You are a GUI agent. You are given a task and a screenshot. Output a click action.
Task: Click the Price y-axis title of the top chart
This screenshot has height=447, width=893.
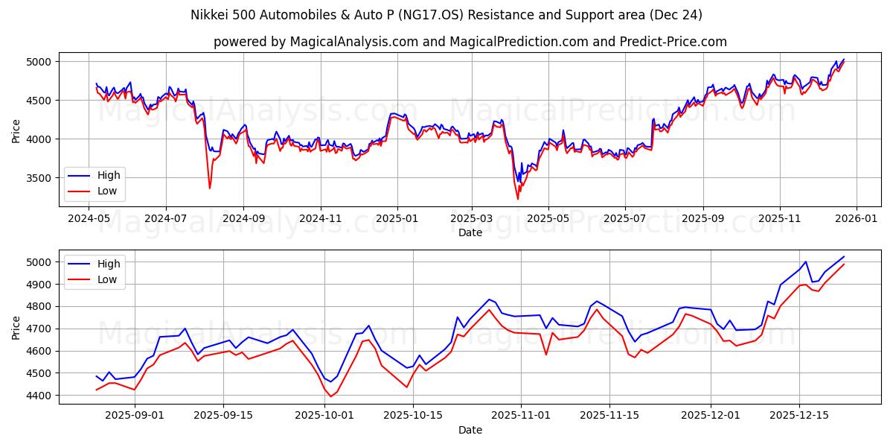click(x=16, y=130)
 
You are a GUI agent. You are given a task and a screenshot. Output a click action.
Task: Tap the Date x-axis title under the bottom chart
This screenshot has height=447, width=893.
click(x=470, y=430)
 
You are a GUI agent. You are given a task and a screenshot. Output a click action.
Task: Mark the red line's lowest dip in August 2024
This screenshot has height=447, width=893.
click(x=209, y=188)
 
